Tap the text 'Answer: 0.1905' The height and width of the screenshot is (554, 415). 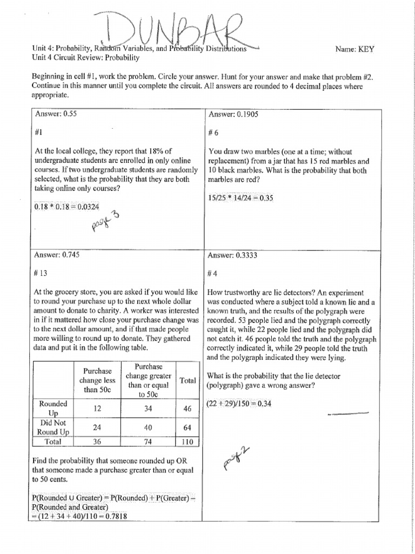(233, 114)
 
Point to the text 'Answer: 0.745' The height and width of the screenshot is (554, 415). (57, 255)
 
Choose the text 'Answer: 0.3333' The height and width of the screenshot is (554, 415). (233, 255)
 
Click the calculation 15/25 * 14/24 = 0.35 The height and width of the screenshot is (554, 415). (240, 198)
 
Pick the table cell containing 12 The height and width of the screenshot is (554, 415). (97, 409)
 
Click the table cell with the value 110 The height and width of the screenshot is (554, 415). (188, 441)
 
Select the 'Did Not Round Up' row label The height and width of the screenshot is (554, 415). (52, 427)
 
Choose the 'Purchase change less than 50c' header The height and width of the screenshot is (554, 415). (97, 380)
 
